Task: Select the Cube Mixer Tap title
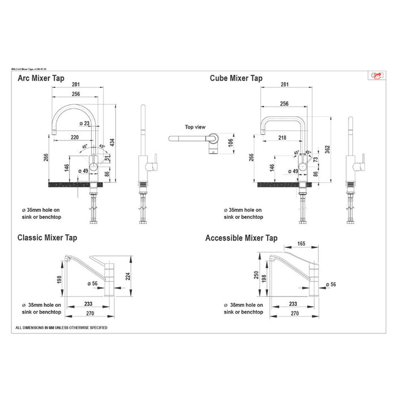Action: tap(236, 79)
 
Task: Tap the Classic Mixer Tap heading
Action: tap(47, 238)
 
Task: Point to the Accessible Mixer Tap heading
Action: tap(241, 238)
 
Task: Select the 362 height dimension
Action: tap(327, 148)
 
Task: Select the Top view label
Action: tap(195, 128)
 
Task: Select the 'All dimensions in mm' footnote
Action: tap(61, 328)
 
